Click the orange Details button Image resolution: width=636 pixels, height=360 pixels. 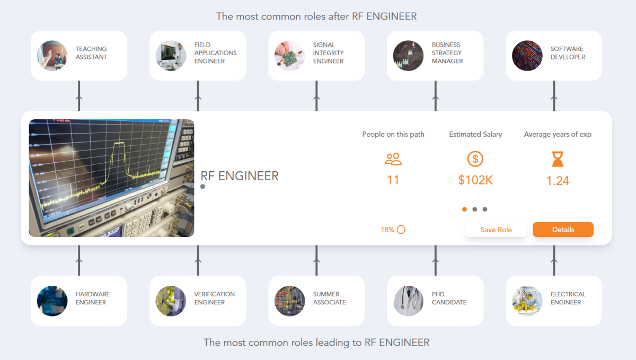click(563, 230)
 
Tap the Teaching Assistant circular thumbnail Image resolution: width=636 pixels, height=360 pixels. click(52, 56)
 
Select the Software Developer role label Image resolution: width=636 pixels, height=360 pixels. click(568, 53)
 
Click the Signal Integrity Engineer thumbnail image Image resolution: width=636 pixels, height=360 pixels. click(289, 56)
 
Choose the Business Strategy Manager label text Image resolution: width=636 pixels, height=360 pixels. click(447, 53)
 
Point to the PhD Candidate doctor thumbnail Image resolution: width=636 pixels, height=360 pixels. click(408, 301)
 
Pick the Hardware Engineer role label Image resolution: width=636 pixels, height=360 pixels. click(93, 298)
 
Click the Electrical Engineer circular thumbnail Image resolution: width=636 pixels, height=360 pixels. click(527, 301)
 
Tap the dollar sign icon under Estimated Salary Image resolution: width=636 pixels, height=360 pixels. click(475, 159)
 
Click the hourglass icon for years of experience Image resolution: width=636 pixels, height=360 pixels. click(558, 159)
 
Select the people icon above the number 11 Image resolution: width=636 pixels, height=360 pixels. click(393, 159)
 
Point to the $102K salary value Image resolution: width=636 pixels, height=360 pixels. click(475, 180)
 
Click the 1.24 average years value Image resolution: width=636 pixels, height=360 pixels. click(558, 181)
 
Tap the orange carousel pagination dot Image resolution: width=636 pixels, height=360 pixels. click(464, 209)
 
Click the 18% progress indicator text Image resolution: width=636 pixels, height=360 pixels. click(387, 230)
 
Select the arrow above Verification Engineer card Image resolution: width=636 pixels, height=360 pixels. click(198, 260)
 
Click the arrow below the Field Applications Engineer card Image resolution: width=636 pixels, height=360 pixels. click(198, 96)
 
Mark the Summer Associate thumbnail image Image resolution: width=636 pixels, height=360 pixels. click(289, 301)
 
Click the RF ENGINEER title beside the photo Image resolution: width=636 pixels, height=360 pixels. click(240, 176)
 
